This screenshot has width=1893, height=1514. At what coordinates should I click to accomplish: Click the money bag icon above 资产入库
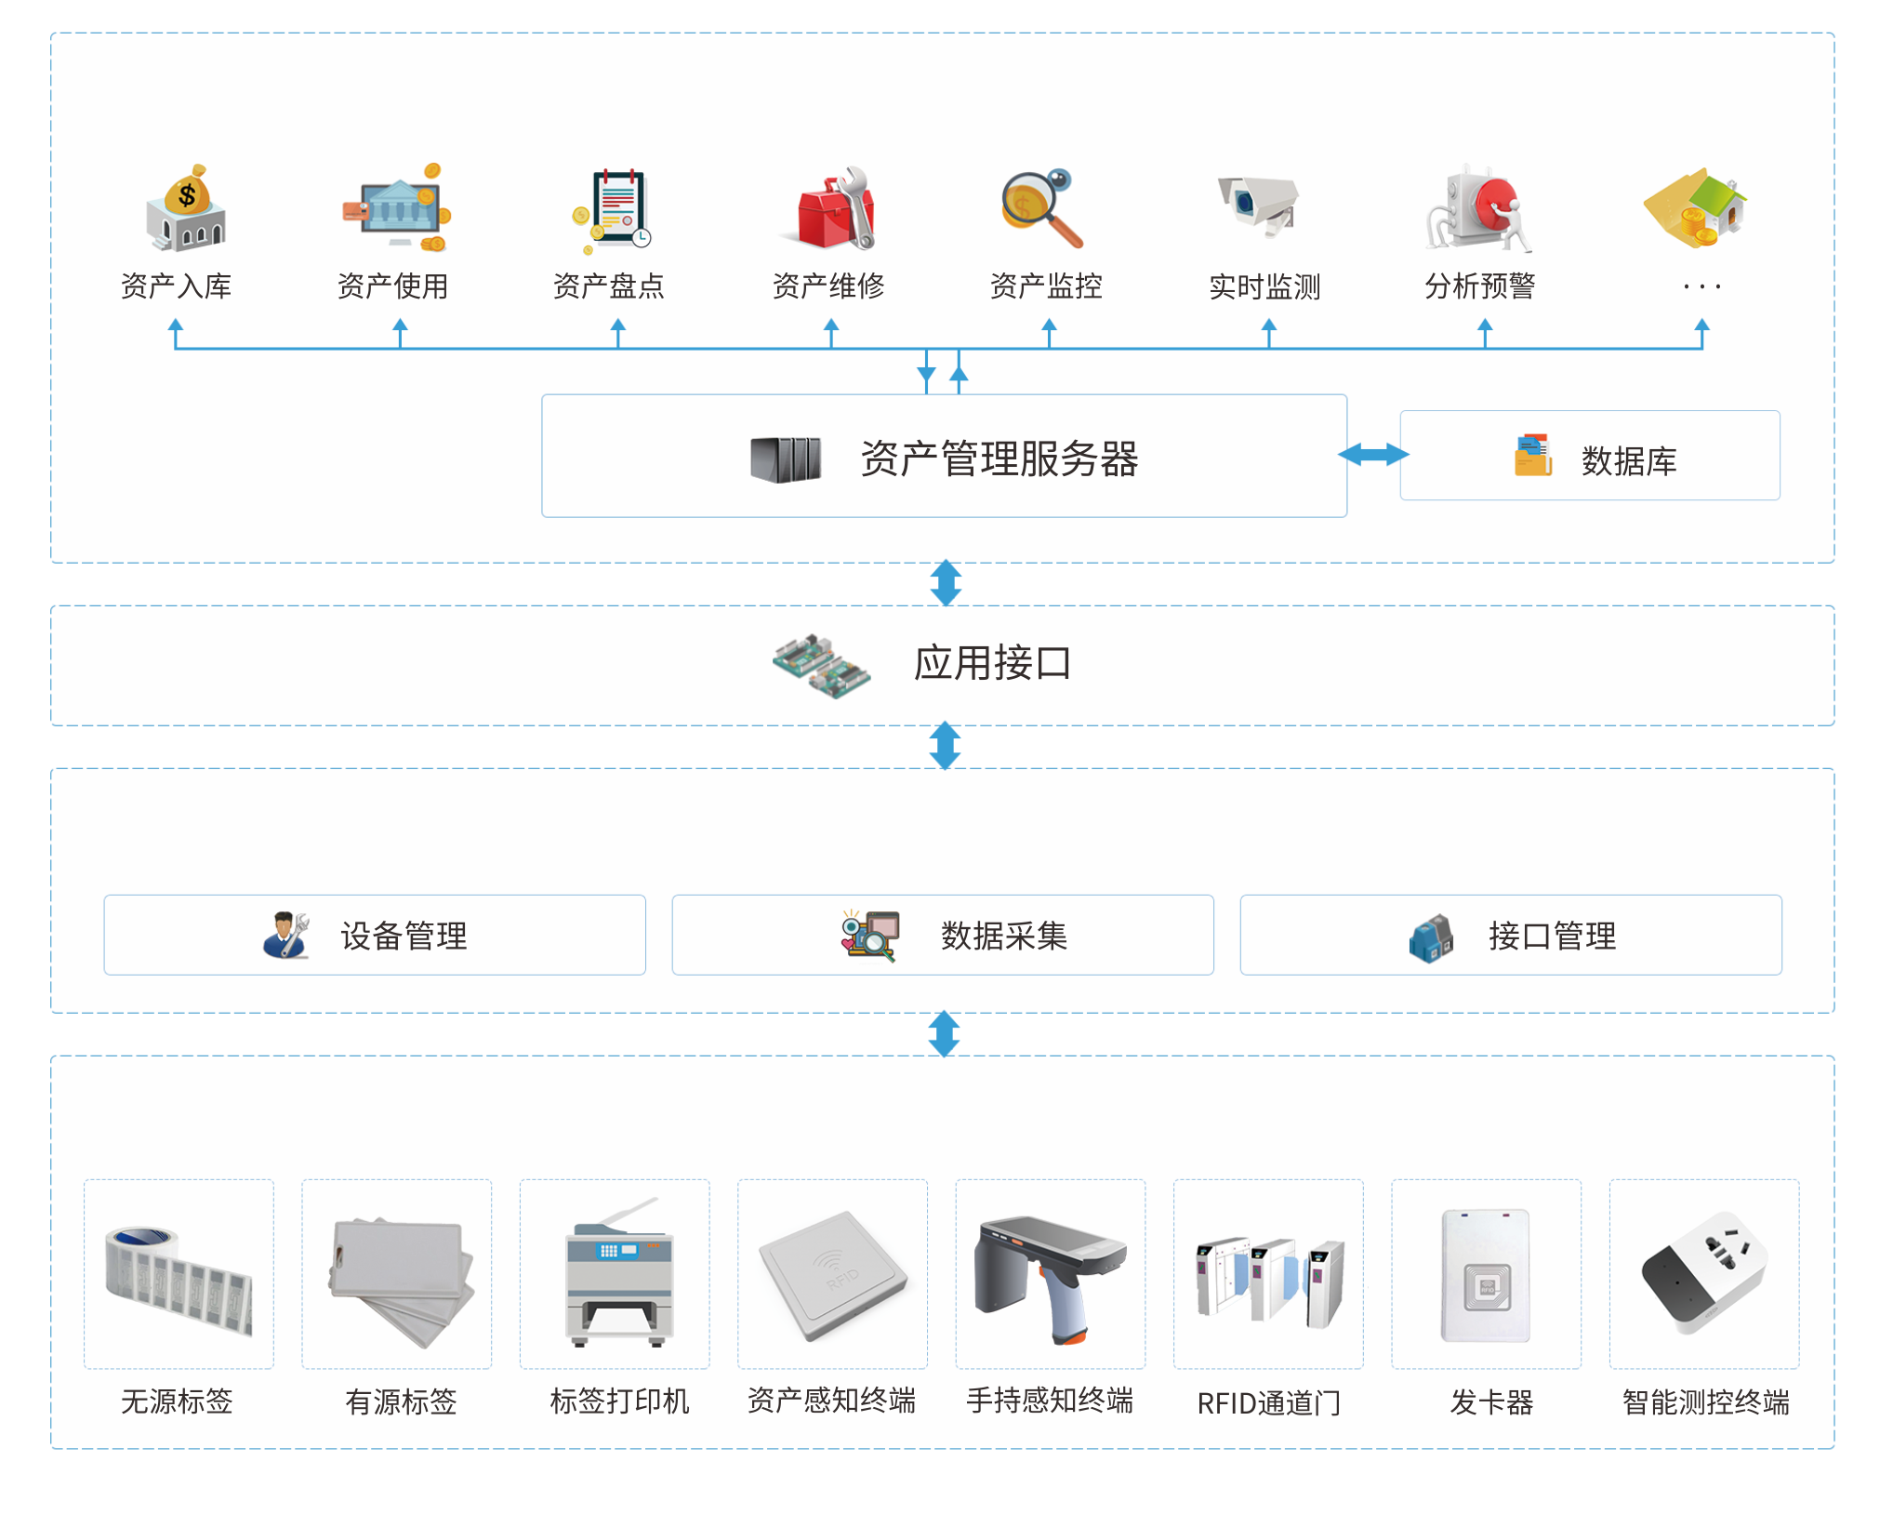pos(186,208)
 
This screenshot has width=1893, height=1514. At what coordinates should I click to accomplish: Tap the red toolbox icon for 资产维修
pos(834,210)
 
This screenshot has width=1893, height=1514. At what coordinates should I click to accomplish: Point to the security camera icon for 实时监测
pos(1259,205)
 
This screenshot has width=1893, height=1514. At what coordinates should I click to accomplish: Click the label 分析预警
pos(1479,286)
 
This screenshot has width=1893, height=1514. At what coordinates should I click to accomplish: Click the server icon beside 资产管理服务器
pos(786,459)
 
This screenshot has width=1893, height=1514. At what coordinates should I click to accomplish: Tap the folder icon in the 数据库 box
pos(1533,456)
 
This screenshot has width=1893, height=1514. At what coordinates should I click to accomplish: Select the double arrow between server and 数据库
pos(1373,455)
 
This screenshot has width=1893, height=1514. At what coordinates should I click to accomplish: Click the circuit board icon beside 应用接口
pos(821,665)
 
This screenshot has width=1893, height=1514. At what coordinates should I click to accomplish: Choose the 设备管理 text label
pos(404,936)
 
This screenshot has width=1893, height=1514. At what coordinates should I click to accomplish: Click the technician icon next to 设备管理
pos(286,935)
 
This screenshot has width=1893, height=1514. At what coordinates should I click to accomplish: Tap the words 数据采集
pos(1003,936)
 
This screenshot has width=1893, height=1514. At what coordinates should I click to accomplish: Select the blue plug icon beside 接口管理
pos(1431,937)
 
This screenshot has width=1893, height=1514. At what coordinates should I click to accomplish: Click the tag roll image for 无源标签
pos(179,1275)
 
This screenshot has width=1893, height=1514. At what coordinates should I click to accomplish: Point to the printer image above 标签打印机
pos(618,1274)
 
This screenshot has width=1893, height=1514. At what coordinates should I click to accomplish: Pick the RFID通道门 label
pos(1268,1402)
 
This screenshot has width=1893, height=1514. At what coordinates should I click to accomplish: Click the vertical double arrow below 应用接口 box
pos(945,746)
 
